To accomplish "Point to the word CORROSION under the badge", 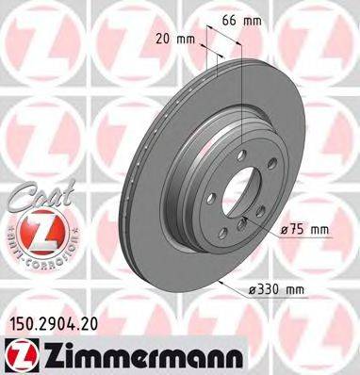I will point(47,253).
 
